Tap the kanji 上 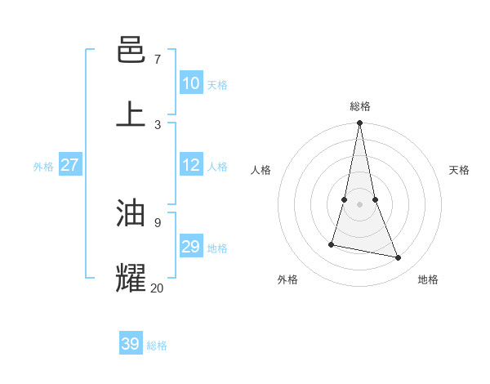point(131,114)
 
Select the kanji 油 point(131,214)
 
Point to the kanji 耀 point(131,278)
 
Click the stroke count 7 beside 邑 point(157,60)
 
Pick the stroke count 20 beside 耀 point(157,287)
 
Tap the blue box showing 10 point(190,83)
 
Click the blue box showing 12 point(190,165)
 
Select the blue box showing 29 point(190,247)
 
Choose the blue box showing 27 point(69,165)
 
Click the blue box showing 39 point(130,344)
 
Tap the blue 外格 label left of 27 point(43,167)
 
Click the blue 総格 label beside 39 point(157,346)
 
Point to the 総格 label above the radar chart point(359,106)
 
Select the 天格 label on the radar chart point(459,170)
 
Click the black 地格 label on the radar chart point(428,279)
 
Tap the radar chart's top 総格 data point point(359,123)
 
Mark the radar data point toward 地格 point(399,257)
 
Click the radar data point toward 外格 point(332,243)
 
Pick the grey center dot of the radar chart point(359,203)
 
